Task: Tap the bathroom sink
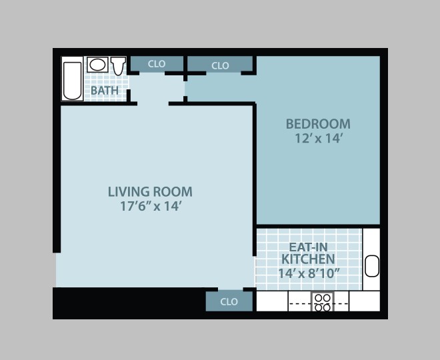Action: [x=97, y=65]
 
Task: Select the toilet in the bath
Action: [x=119, y=65]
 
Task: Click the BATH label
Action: [x=105, y=91]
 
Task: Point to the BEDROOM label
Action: [x=318, y=124]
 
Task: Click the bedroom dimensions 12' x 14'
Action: [x=318, y=139]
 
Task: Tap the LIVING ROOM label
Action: [x=150, y=192]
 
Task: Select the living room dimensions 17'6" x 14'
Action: [x=150, y=207]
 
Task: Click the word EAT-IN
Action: [x=308, y=246]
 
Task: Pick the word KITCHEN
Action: [x=308, y=259]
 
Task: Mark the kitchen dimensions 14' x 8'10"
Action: [x=309, y=273]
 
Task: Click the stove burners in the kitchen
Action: [x=323, y=302]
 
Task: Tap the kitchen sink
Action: [x=371, y=265]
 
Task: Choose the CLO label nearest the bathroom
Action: [x=157, y=64]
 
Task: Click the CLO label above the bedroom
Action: [x=220, y=65]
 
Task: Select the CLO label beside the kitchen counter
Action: [x=229, y=301]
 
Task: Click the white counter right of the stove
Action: [x=364, y=301]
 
